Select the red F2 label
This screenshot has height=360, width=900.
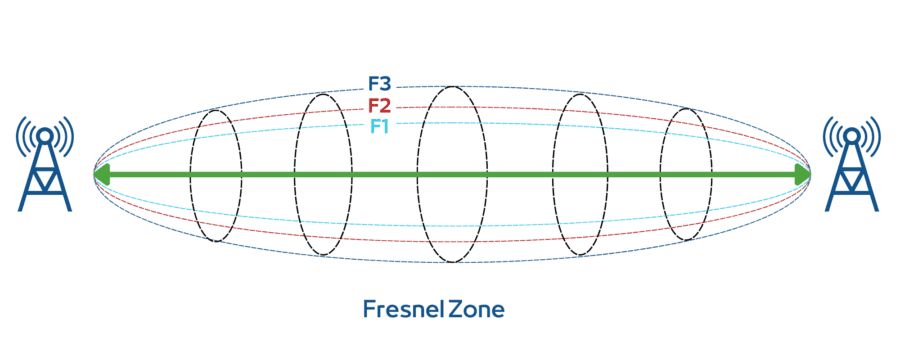click(379, 106)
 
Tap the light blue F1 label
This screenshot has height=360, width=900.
click(378, 126)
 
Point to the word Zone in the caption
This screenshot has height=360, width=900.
click(476, 309)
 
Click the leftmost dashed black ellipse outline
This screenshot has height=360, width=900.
click(192, 175)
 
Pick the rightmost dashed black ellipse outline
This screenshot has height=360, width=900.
click(709, 175)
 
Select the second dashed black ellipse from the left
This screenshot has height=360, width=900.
click(295, 175)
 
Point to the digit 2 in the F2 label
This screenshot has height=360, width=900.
click(385, 106)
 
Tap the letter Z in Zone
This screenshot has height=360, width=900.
click(455, 309)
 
